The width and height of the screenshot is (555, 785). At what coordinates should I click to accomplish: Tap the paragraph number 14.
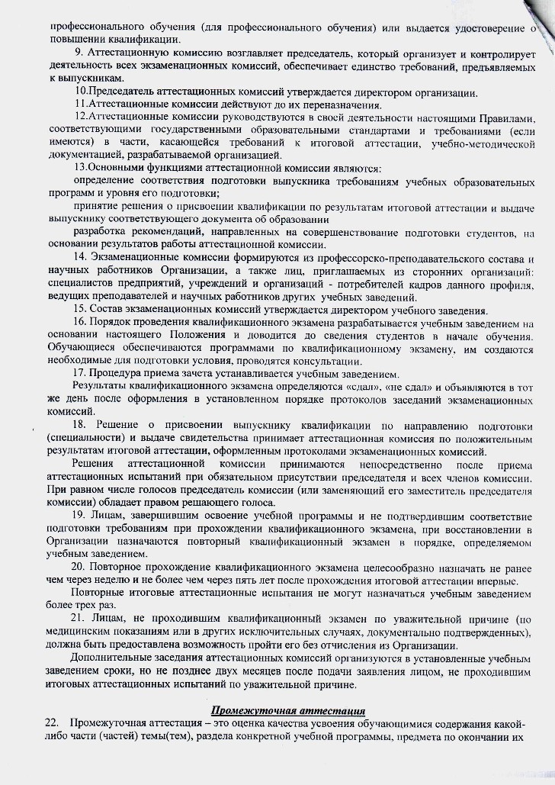tap(79, 260)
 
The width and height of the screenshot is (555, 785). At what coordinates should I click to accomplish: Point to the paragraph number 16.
tap(80, 323)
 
